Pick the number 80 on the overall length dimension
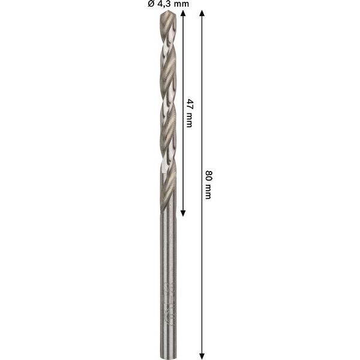click(208, 175)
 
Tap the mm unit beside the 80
click(208, 191)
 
